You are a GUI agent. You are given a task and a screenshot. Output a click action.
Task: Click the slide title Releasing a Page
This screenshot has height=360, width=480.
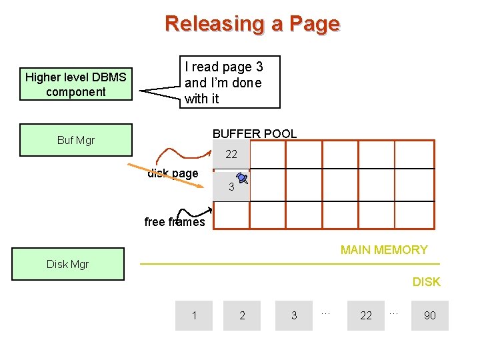(x=252, y=24)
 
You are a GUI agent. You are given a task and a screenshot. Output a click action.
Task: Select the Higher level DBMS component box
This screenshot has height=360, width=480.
(x=76, y=85)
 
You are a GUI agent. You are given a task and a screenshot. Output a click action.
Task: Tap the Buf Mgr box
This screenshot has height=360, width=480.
(x=76, y=140)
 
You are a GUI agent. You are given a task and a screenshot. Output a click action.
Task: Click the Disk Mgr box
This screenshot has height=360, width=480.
(x=67, y=264)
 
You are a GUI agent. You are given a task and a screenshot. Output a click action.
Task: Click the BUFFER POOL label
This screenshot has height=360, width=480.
(x=255, y=133)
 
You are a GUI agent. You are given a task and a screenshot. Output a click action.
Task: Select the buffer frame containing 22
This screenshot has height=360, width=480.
(x=231, y=155)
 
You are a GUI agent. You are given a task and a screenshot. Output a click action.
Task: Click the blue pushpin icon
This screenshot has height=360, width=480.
(x=242, y=179)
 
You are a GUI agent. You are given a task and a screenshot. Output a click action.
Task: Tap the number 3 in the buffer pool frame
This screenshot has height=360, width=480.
(x=231, y=187)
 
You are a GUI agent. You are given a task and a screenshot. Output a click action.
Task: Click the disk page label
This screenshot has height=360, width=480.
(x=173, y=173)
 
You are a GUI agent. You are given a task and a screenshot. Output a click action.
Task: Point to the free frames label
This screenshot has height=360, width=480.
(x=175, y=222)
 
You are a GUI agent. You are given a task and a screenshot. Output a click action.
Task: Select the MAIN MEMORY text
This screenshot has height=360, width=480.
(x=384, y=250)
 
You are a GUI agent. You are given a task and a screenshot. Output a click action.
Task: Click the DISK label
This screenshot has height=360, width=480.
(x=426, y=282)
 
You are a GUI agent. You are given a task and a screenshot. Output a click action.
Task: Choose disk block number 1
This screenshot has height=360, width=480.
(x=194, y=315)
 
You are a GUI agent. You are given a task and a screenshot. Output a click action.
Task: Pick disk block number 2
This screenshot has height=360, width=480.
(x=242, y=315)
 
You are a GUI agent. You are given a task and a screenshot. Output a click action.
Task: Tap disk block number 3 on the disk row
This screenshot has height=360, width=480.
(x=294, y=315)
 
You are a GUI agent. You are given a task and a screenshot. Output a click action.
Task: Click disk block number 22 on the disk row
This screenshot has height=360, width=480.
(x=366, y=315)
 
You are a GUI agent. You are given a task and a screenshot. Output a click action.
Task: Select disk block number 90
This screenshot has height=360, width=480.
(x=430, y=315)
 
